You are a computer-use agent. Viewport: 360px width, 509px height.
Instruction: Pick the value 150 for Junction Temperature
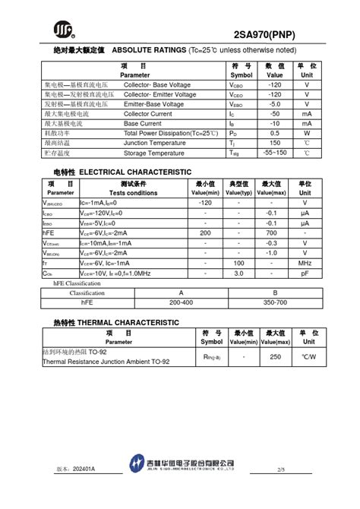pyautogui.click(x=274, y=142)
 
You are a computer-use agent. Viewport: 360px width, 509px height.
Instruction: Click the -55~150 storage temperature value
pyautogui.click(x=274, y=153)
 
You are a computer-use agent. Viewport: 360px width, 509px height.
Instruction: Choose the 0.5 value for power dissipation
pyautogui.click(x=274, y=133)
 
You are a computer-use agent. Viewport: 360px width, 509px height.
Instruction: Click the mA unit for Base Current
pyautogui.click(x=306, y=123)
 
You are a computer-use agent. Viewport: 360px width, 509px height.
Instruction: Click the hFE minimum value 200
pyautogui.click(x=205, y=232)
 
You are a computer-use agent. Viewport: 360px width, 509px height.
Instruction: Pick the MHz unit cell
pyautogui.click(x=305, y=262)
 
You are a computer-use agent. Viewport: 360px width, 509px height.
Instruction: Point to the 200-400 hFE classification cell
pyautogui.click(x=181, y=302)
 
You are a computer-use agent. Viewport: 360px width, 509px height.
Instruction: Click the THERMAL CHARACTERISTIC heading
pyautogui.click(x=128, y=322)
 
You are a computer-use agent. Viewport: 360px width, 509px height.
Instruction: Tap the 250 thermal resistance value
pyautogui.click(x=275, y=356)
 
